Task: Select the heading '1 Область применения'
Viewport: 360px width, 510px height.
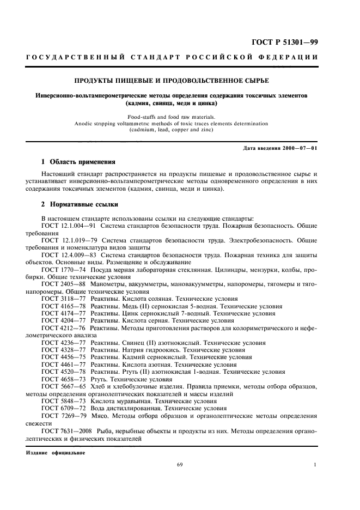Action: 79,162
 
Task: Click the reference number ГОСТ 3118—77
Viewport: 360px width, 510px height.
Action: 59,298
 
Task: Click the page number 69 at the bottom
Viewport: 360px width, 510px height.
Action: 180,465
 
